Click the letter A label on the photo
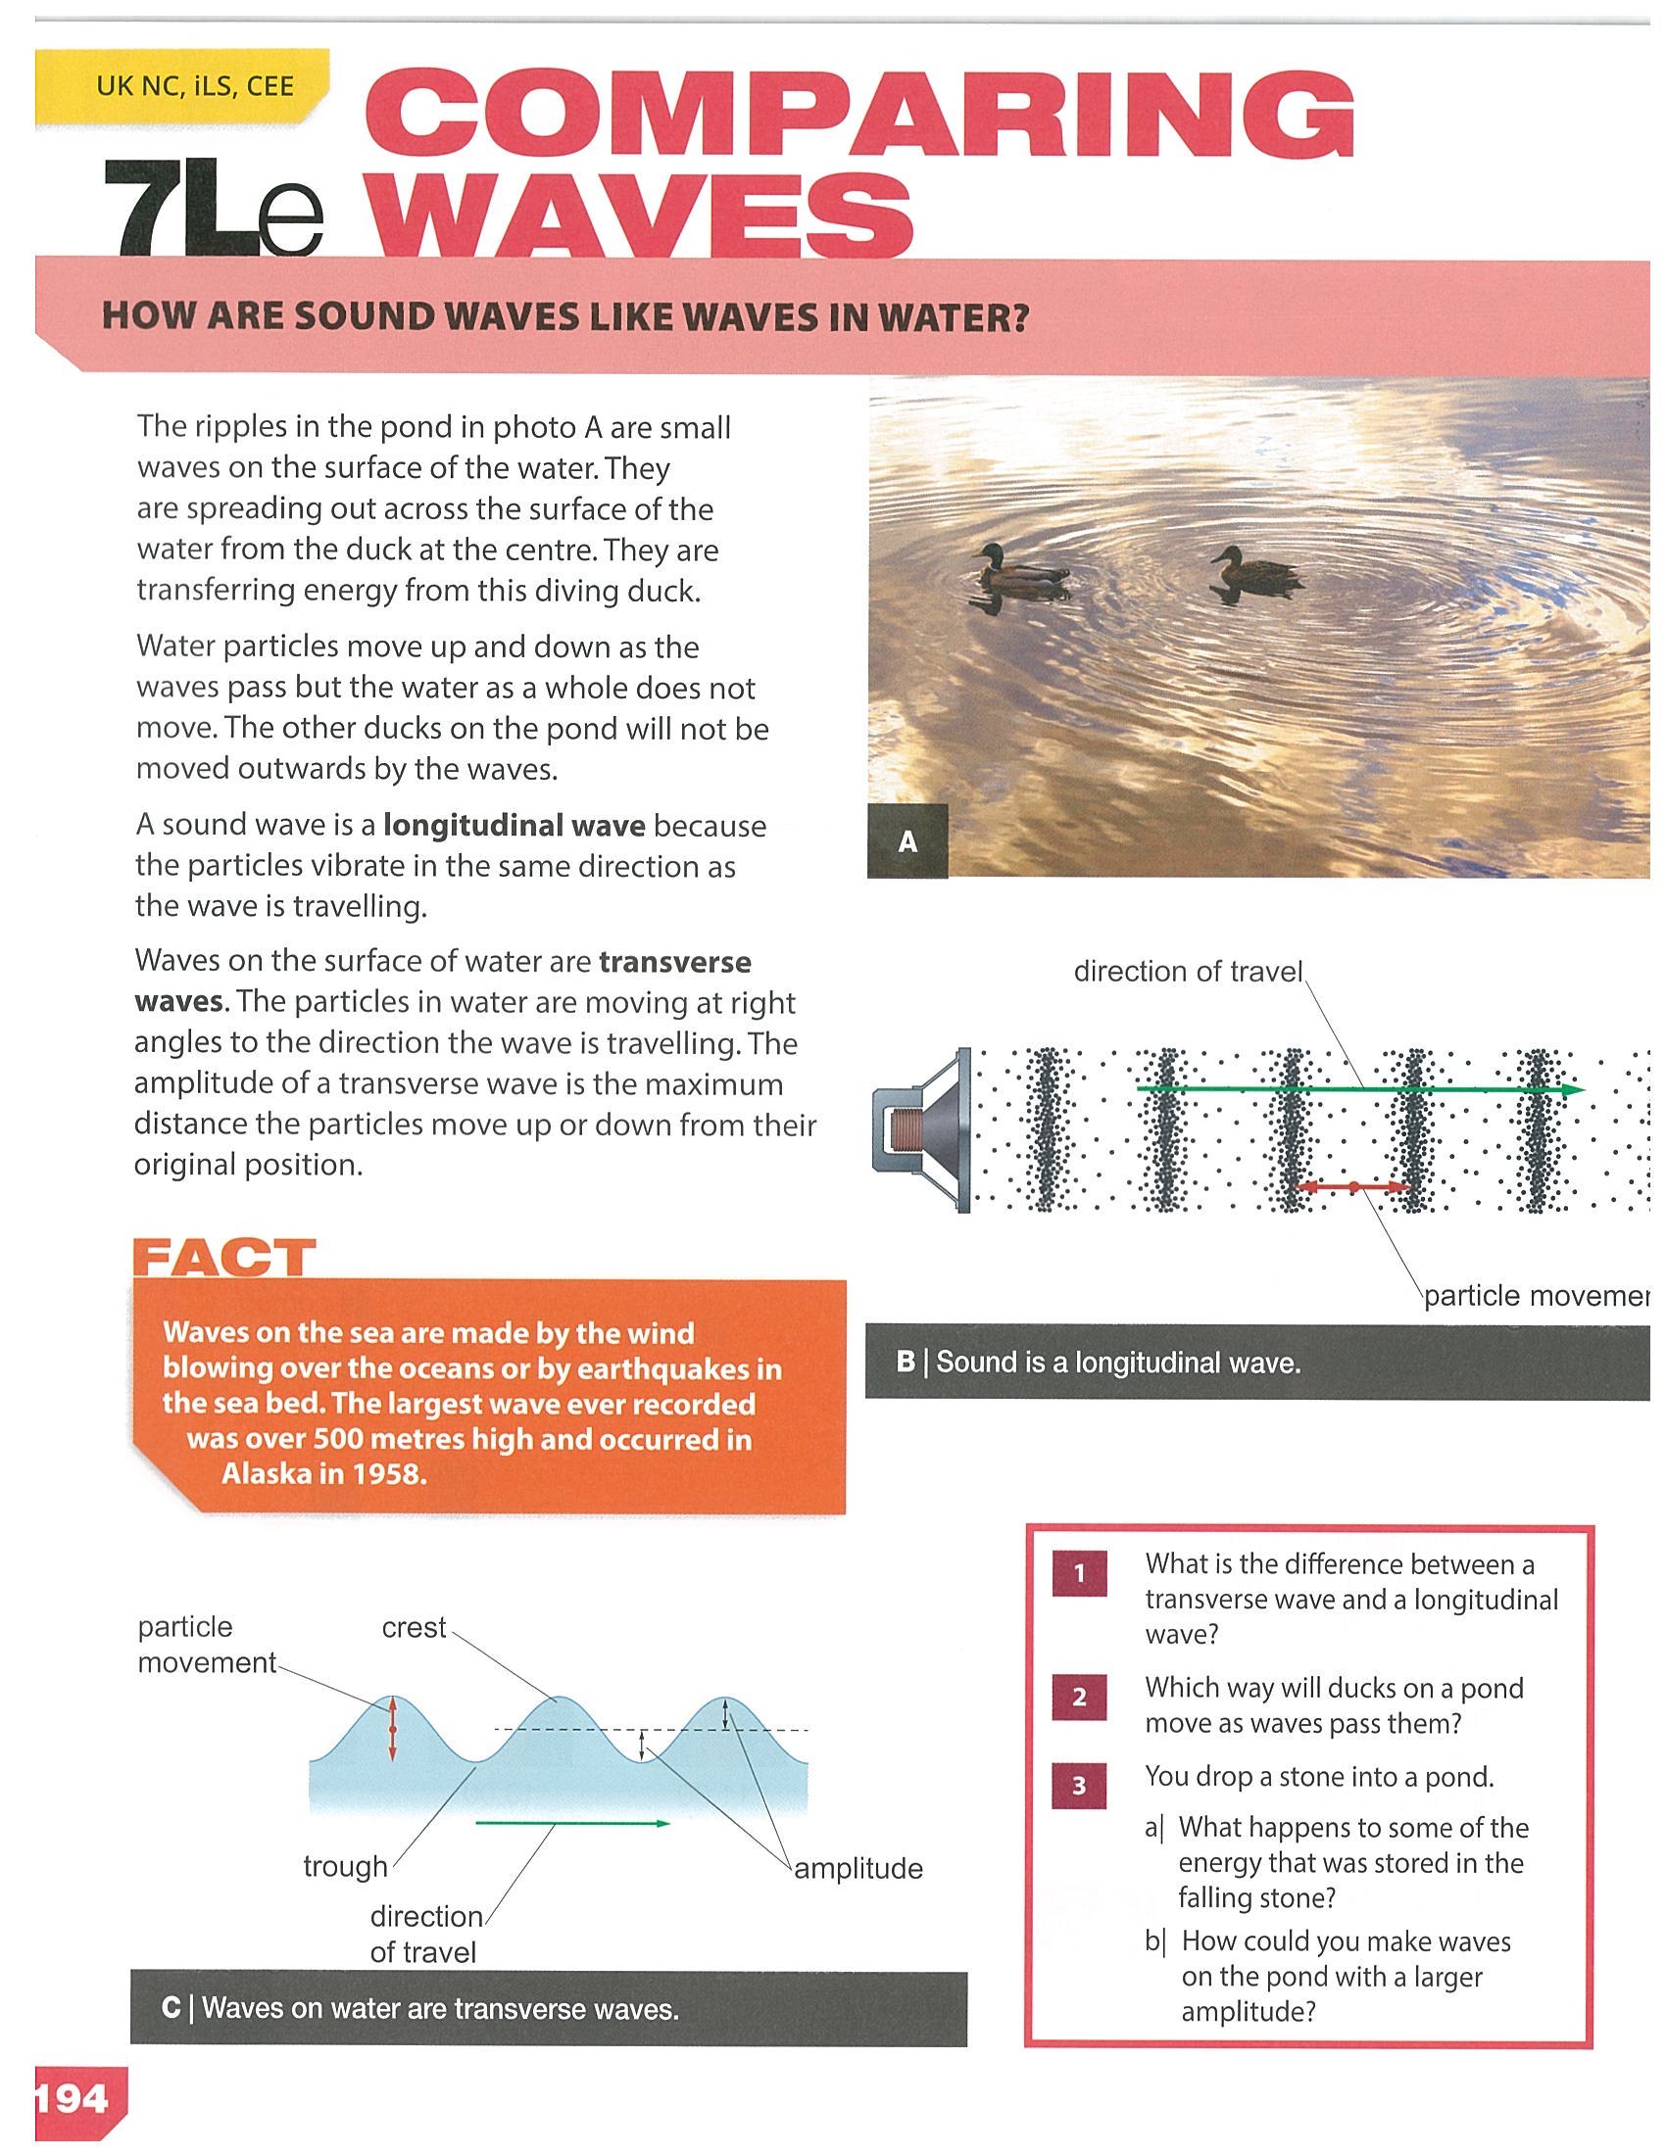coord(908,840)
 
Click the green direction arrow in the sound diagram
coord(1361,1089)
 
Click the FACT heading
coord(224,1259)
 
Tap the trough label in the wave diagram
coord(345,1867)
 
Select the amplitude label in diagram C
coord(858,1868)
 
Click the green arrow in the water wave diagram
coord(573,1824)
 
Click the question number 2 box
coord(1079,1698)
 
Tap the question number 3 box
coord(1079,1786)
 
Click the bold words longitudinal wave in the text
coord(514,825)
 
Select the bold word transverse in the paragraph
coord(675,961)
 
